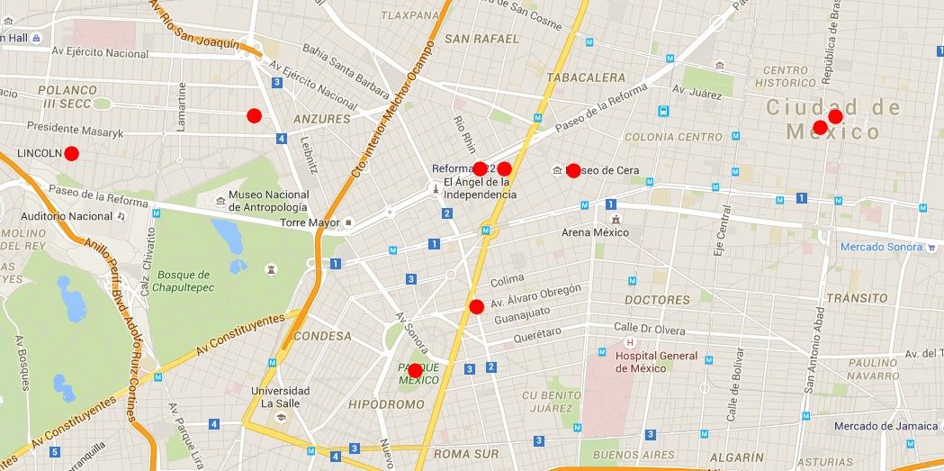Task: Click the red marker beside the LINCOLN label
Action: pyautogui.click(x=72, y=154)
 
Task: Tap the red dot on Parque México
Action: pyautogui.click(x=415, y=371)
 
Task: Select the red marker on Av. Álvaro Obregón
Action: pyautogui.click(x=477, y=307)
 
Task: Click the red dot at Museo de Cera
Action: pyautogui.click(x=573, y=171)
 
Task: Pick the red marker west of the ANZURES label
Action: pyautogui.click(x=254, y=115)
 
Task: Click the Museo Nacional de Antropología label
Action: pyautogui.click(x=268, y=201)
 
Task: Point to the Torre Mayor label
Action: pyautogui.click(x=310, y=222)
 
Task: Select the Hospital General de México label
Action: pyautogui.click(x=656, y=362)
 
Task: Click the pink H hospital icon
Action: pyautogui.click(x=630, y=342)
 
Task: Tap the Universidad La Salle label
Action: pyautogui.click(x=280, y=397)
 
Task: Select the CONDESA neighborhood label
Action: pyautogui.click(x=322, y=336)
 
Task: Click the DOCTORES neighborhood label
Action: pyautogui.click(x=657, y=300)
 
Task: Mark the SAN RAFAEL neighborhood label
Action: pyautogui.click(x=481, y=39)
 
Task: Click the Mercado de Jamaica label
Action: pyautogui.click(x=886, y=426)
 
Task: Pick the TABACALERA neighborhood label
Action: pyautogui.click(x=585, y=78)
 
